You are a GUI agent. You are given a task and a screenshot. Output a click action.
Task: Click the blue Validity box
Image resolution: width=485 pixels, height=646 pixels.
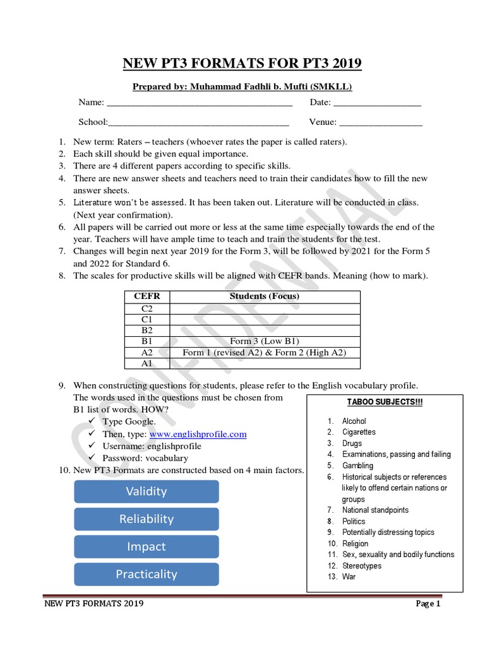coord(147,491)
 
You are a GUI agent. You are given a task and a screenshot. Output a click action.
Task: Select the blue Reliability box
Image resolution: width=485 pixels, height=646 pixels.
coord(147,519)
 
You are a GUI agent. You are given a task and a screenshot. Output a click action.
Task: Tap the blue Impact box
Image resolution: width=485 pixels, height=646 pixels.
coord(147,547)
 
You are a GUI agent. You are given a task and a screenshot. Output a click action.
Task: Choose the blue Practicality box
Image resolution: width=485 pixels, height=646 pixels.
coord(147,574)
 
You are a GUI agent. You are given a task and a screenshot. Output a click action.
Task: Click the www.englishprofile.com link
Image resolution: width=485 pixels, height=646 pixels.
coord(198,434)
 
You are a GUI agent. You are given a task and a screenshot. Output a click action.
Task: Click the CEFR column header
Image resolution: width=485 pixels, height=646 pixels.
coord(147,297)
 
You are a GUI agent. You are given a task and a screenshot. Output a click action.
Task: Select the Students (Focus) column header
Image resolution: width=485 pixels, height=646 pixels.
coord(264,297)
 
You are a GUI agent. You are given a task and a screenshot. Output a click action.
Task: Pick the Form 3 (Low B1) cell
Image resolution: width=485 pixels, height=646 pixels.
coord(264,341)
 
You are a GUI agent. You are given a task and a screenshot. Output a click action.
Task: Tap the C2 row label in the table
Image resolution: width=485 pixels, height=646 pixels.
coord(147,308)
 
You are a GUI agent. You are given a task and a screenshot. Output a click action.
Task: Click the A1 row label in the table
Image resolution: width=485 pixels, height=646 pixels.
coord(147,363)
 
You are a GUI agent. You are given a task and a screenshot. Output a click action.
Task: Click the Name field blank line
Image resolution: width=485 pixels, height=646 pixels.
coord(200,103)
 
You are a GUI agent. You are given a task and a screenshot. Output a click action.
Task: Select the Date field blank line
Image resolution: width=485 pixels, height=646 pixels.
coord(377,103)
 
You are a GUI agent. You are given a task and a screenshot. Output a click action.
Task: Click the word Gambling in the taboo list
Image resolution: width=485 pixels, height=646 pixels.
coord(357,466)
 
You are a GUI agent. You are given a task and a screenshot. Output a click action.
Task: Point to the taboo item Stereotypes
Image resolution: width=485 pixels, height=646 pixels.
coord(362,566)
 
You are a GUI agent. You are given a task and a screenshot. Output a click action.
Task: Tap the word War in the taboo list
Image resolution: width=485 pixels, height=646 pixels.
coord(349,577)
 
